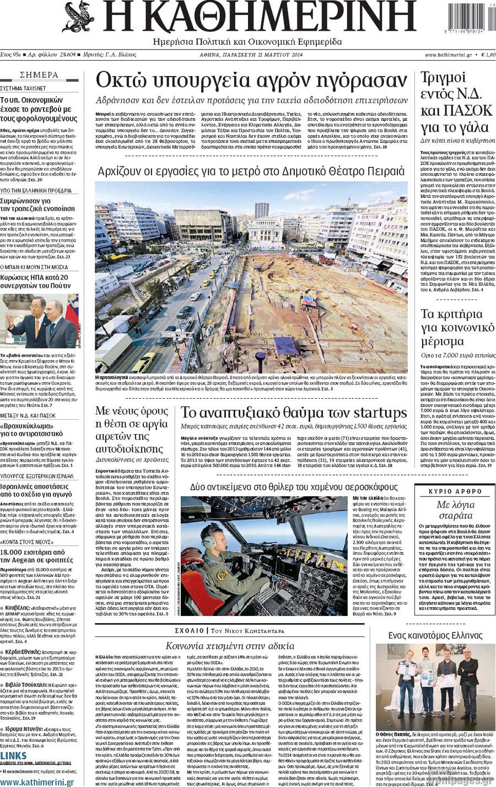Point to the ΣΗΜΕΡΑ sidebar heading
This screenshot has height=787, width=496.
click(39, 75)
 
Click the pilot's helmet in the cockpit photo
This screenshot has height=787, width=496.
click(211, 536)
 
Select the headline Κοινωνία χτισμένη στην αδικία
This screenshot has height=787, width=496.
click(230, 646)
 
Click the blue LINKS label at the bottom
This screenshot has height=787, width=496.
click(13, 755)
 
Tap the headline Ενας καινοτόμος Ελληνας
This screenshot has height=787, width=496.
click(435, 635)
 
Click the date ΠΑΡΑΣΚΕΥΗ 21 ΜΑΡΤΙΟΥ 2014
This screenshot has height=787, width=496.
click(251, 55)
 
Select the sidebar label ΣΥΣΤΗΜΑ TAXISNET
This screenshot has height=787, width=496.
click(23, 88)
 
